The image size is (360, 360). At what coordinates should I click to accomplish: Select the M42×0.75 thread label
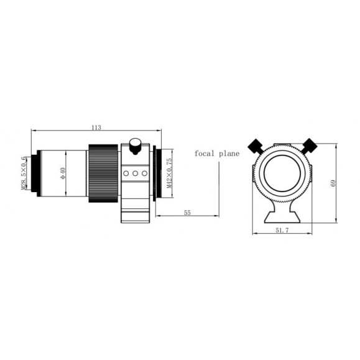[x=168, y=172]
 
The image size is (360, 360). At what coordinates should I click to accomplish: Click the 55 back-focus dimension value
[x=187, y=213]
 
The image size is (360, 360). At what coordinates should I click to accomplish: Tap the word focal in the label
[x=205, y=153]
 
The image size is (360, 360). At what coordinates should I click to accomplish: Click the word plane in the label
[x=229, y=154]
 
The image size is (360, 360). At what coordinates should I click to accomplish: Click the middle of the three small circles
[x=135, y=174]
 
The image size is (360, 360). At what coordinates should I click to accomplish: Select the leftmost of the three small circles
[x=126, y=174]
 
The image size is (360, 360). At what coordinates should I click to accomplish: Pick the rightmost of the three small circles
[x=144, y=174]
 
